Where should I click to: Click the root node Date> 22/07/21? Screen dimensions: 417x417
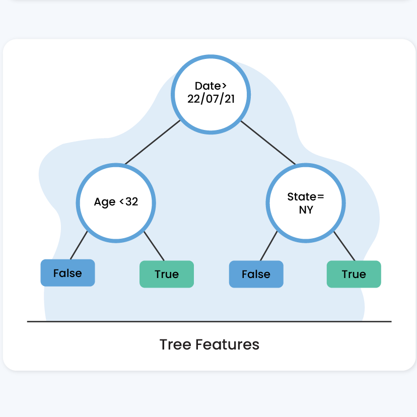coord(211,94)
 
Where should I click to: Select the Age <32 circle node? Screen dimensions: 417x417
coord(116,203)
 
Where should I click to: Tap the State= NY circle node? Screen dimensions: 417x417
coord(306,203)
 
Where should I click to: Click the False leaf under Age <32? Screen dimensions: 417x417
coord(67,273)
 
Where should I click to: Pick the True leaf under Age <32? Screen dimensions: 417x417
coord(167,274)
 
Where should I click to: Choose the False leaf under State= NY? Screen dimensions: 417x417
coord(256,274)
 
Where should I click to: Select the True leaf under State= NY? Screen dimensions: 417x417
coord(354,274)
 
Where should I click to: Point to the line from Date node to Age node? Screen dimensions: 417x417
coord(153,143)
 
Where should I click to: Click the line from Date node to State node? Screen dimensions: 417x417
coord(268,143)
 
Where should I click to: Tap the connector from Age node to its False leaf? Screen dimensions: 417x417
coord(79,245)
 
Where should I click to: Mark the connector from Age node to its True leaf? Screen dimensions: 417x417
coord(154,246)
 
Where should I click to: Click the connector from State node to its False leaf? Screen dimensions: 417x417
coord(268,246)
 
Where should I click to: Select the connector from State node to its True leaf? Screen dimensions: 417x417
coord(344,246)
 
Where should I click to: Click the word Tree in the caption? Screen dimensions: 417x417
coord(175,344)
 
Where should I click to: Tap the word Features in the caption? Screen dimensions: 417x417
coord(227,344)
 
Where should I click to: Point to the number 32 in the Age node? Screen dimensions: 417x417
coord(131,201)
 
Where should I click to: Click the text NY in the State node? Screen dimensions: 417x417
coord(306,210)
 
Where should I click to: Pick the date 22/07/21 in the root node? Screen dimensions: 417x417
coord(211,99)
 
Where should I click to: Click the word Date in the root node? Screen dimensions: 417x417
coord(207,86)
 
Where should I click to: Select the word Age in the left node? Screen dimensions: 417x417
coord(105,202)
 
